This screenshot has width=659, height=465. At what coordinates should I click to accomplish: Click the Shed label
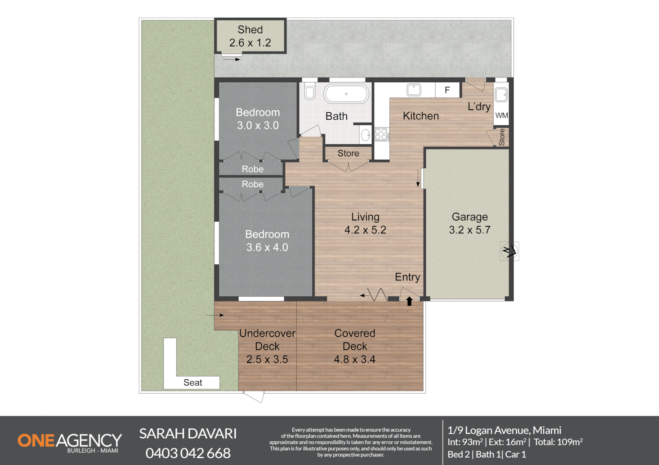250,30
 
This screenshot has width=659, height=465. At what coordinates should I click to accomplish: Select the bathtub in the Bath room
346,93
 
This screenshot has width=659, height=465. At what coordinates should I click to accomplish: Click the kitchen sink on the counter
414,90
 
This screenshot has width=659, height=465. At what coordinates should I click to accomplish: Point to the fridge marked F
447,90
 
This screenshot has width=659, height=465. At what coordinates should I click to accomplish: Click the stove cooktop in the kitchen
381,134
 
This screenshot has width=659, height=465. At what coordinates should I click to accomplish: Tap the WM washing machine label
501,115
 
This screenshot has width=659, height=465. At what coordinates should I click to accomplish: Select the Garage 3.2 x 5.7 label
469,223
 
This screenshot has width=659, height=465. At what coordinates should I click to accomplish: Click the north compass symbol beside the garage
509,251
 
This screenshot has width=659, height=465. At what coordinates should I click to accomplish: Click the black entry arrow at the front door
409,301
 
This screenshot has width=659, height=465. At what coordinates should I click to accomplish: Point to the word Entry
407,277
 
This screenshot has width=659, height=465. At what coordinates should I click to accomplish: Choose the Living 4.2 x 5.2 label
365,223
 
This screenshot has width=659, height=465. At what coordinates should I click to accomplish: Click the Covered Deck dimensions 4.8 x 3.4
355,360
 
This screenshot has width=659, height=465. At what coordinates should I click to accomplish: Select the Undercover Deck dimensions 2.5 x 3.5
267,360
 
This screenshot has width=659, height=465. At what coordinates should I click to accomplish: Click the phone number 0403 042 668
188,453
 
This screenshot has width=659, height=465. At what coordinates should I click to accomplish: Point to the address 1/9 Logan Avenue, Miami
504,430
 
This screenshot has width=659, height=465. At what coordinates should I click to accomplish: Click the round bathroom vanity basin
365,135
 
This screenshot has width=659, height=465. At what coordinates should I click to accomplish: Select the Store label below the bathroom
348,153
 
